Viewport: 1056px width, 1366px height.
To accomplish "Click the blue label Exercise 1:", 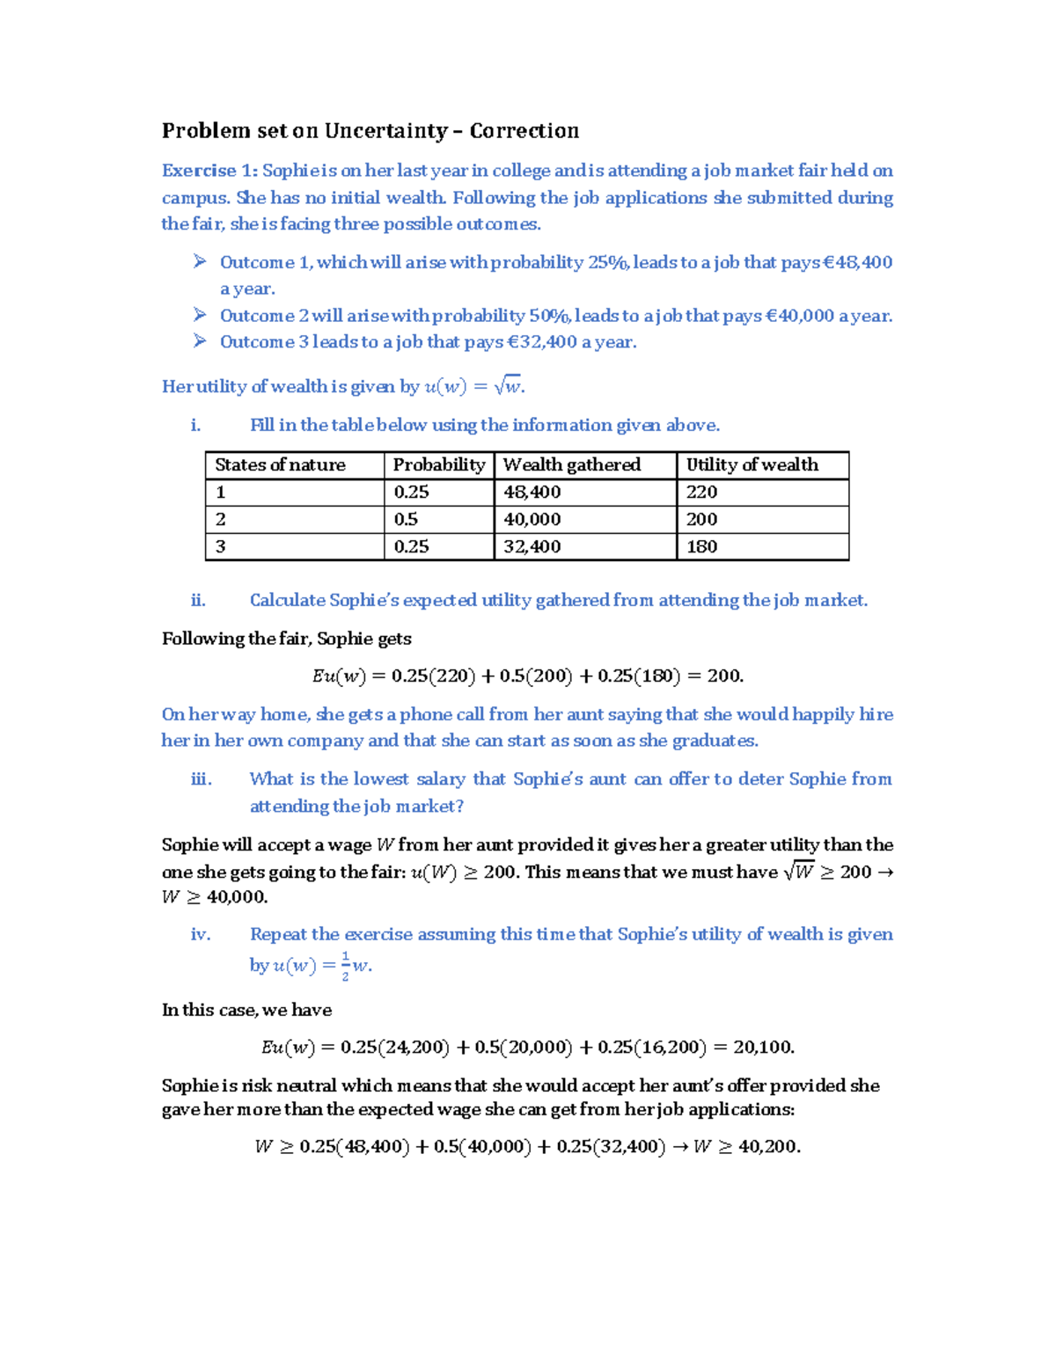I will (209, 171).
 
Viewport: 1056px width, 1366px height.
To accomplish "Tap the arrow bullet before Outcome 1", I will (201, 261).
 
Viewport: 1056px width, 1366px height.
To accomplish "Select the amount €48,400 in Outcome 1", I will (857, 262).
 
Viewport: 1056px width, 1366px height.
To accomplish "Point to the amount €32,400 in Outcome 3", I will (542, 342).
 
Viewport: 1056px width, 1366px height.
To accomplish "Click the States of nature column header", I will (280, 464).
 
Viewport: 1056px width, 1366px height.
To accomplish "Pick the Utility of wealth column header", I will (752, 464).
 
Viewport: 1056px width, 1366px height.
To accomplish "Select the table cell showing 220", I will (701, 492).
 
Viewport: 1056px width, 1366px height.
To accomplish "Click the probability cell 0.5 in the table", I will (406, 519).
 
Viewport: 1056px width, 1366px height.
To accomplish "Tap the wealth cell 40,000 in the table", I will (532, 519).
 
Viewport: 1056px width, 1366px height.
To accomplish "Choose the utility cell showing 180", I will (701, 546).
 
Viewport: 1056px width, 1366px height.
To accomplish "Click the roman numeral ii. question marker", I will (198, 600).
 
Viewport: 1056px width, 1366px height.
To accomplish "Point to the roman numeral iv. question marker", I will (201, 934).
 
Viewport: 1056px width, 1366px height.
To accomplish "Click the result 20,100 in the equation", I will (763, 1047).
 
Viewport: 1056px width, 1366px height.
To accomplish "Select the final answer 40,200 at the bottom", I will (768, 1146).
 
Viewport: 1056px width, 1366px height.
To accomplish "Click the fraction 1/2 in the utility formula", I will (345, 965).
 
